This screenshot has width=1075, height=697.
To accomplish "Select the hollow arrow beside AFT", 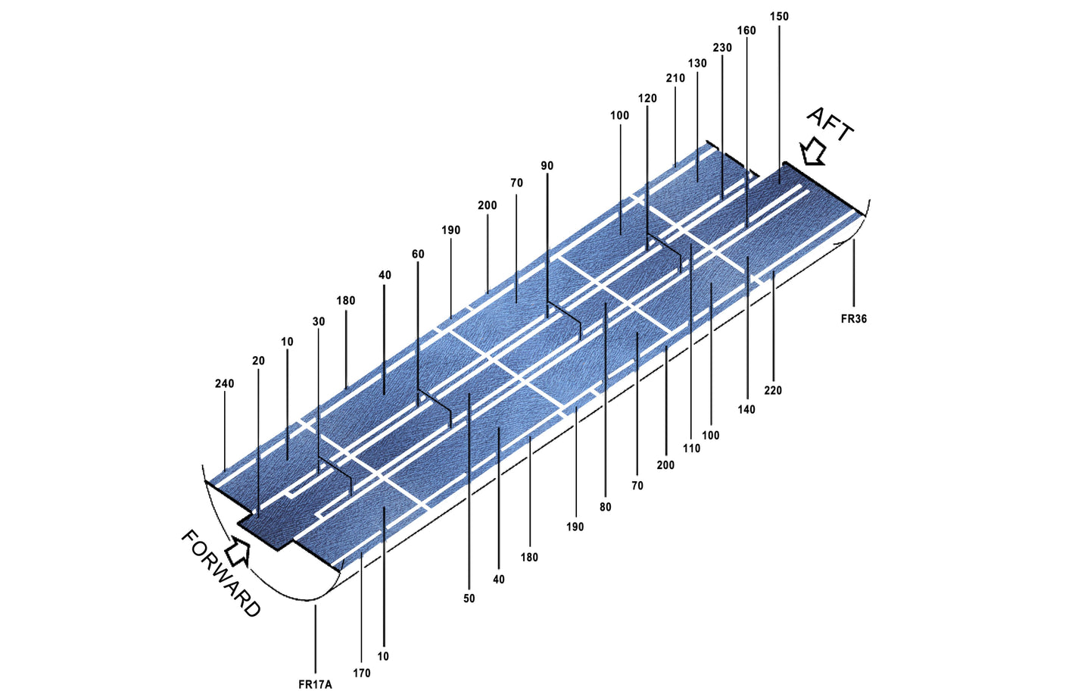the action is (x=812, y=152).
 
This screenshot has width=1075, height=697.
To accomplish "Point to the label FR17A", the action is (x=315, y=685).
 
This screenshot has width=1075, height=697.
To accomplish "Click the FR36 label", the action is (x=854, y=318).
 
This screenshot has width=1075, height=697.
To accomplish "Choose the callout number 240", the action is (x=225, y=383).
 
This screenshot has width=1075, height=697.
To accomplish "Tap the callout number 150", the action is (x=779, y=17).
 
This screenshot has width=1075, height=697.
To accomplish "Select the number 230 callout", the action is (x=722, y=48).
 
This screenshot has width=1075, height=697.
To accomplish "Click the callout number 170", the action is (x=362, y=673).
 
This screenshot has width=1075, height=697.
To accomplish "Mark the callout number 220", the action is (x=773, y=390).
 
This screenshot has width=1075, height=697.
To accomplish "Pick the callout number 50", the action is (x=469, y=599).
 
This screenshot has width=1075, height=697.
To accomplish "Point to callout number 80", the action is (x=606, y=507).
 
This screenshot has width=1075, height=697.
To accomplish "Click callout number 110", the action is (x=691, y=449).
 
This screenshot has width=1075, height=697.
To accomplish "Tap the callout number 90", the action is (x=547, y=166).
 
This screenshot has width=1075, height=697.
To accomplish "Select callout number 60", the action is (x=418, y=254).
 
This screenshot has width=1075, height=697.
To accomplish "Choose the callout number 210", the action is (x=675, y=78).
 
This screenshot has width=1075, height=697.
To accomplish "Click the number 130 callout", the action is (x=697, y=63).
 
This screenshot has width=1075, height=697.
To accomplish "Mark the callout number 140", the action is (x=746, y=409).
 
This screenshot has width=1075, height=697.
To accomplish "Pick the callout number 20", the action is (x=258, y=361).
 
